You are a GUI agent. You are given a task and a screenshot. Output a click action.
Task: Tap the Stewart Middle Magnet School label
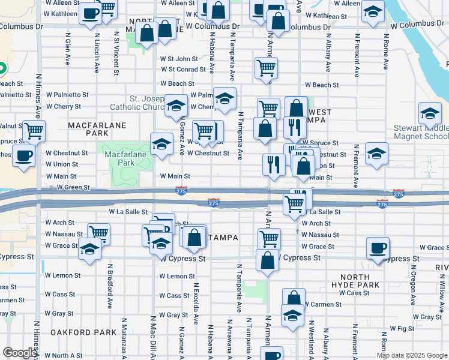coord(421,133)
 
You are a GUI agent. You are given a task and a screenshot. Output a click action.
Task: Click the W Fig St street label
coord(402,328)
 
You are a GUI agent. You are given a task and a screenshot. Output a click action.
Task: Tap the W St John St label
coord(179,59)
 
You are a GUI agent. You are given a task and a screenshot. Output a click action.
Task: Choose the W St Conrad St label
coord(183,70)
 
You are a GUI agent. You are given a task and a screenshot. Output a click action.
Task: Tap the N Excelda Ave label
coord(196,301)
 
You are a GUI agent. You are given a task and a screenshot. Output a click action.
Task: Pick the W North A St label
coord(62,355)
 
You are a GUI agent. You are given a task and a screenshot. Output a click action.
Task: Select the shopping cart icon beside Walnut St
coord(33,130)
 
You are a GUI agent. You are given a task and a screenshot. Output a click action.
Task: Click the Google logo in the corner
coord(19,353)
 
